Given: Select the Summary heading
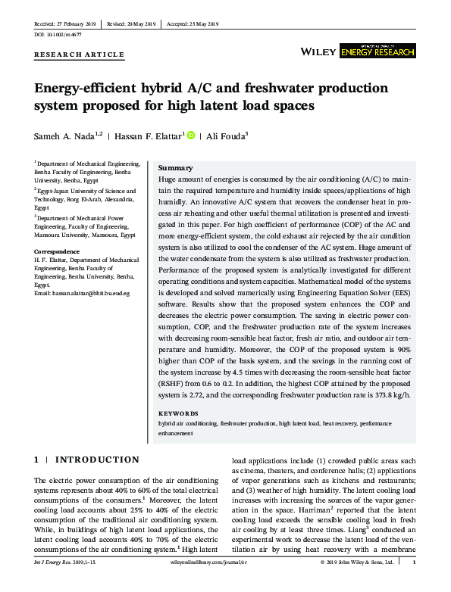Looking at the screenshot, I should (x=176, y=167).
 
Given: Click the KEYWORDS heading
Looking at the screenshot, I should (x=178, y=413).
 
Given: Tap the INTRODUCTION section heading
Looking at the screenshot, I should (x=97, y=460).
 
